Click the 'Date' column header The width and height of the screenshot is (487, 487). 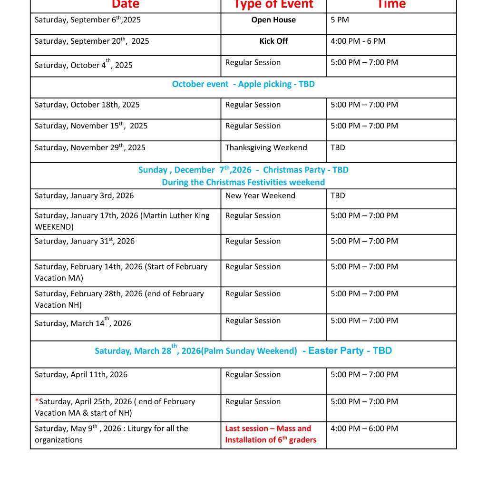tap(126, 5)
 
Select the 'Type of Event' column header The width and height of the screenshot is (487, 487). tap(273, 5)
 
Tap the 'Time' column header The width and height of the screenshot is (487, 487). tap(391, 5)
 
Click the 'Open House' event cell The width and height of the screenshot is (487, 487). tap(273, 20)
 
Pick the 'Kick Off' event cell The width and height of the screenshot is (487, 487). tap(273, 41)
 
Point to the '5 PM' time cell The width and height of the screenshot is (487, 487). tap(340, 20)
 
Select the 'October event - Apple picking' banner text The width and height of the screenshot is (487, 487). tap(243, 84)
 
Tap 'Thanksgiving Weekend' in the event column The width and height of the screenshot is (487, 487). tap(266, 147)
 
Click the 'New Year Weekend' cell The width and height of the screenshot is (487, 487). tap(260, 195)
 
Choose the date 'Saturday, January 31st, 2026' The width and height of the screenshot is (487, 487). tap(85, 242)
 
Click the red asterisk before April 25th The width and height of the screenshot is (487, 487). tap(37, 401)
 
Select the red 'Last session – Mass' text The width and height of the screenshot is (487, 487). tap(268, 429)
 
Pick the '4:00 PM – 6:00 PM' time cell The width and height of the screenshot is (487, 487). tap(364, 429)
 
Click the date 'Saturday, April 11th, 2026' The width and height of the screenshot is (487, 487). tap(81, 375)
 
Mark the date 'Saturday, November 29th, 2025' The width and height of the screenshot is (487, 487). tap(90, 148)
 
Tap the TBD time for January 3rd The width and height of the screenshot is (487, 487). tap(338, 195)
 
